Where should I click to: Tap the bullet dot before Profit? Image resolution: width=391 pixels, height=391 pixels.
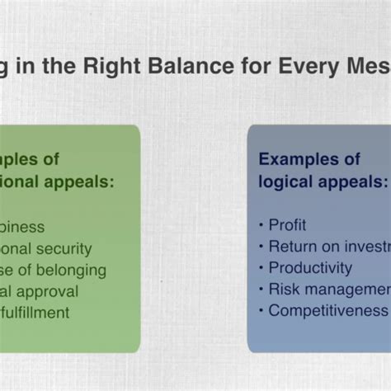click(261, 225)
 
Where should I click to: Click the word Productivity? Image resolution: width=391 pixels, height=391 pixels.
click(310, 267)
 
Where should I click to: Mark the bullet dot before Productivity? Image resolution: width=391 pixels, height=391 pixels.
click(261, 268)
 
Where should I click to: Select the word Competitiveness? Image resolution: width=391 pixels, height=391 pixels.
click(327, 310)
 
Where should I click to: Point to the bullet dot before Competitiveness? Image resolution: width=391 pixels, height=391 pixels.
click(261, 311)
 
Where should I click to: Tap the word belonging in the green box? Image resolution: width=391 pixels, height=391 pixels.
click(72, 269)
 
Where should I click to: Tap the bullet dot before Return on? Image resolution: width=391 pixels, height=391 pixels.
click(261, 247)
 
